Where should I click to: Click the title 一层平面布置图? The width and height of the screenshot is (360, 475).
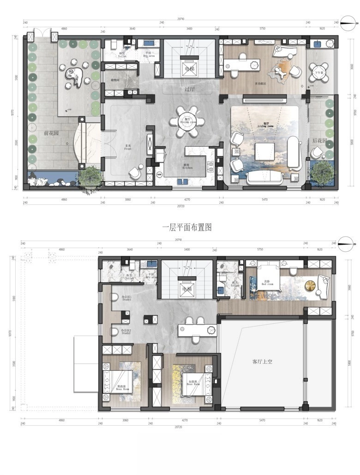[187, 227]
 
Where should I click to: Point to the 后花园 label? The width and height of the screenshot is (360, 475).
[319, 140]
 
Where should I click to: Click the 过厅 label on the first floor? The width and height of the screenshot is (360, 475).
[189, 89]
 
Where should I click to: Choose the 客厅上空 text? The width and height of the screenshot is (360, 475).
[262, 362]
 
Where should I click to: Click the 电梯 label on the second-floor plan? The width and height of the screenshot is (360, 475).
[187, 289]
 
